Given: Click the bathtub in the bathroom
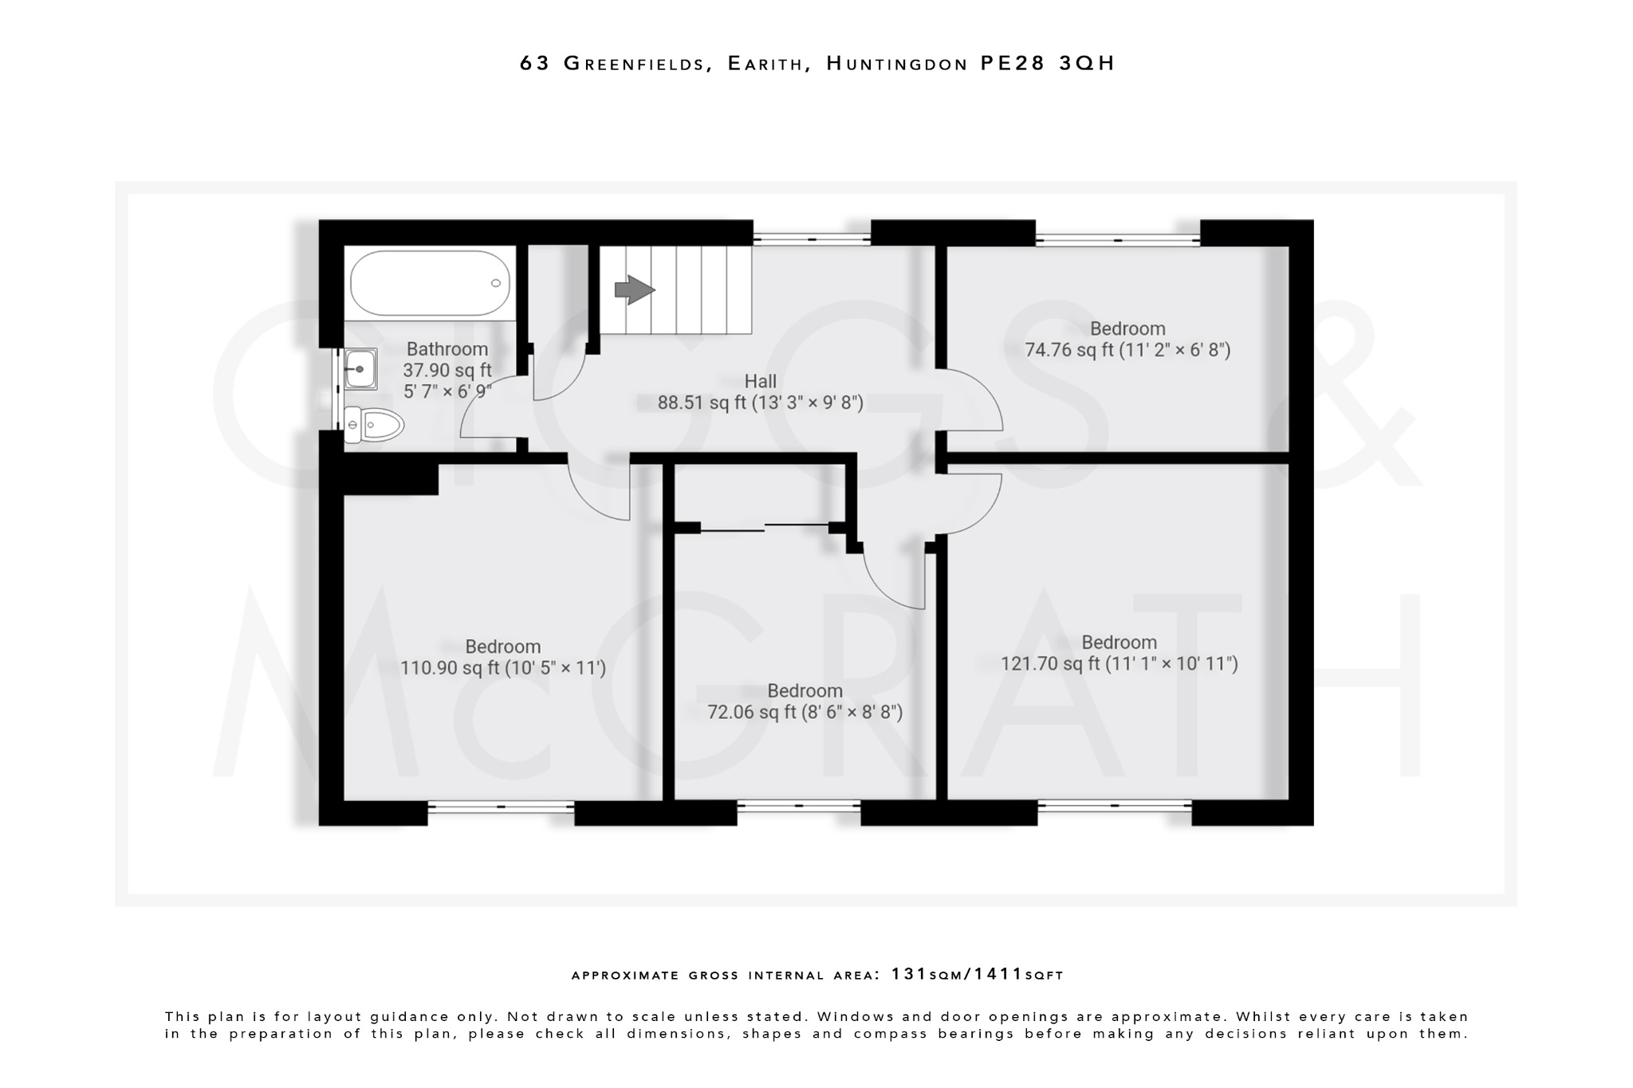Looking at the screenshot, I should coord(431,284).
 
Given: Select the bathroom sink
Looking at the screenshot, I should coord(360,369).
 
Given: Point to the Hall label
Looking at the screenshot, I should coord(760,381).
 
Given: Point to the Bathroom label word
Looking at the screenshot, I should coord(447,349).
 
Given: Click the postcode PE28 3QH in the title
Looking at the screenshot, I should coord(1047,63).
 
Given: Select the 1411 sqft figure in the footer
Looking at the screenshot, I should coord(998,974).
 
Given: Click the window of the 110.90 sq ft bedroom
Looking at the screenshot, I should coord(501,807).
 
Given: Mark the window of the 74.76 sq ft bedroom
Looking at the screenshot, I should coord(1117,239).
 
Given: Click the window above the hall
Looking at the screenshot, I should coord(812,238).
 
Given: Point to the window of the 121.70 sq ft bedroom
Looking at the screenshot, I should coord(1114,806).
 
